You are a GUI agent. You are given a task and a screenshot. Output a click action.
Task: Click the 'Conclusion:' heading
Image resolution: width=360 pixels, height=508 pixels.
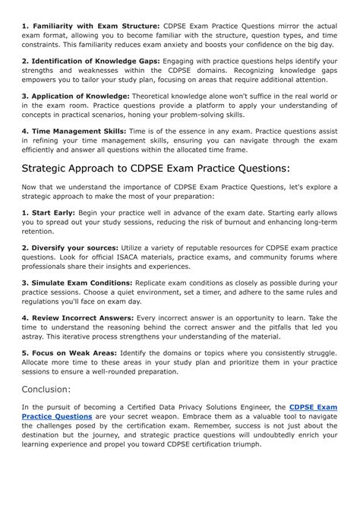pyautogui.click(x=46, y=389)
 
